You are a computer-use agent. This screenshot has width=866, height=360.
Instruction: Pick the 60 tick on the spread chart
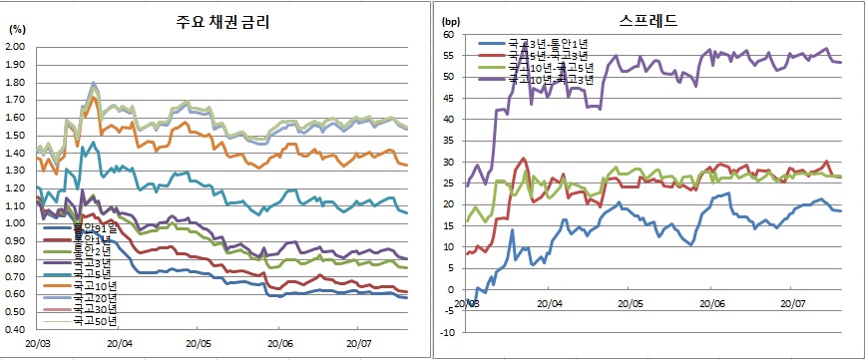coord(448,35)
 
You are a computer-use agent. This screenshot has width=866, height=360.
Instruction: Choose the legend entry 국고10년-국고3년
coord(549,80)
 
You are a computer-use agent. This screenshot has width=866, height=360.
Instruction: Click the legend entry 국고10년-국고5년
coord(549,68)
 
